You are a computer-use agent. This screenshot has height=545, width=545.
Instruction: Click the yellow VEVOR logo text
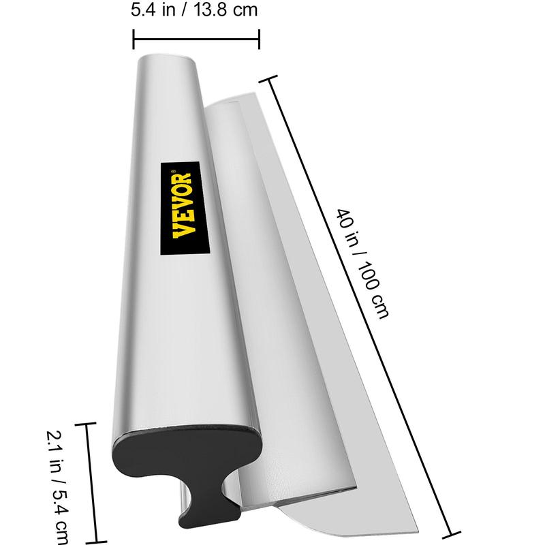click(x=184, y=205)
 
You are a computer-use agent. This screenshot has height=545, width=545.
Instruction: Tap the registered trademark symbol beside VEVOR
click(x=174, y=172)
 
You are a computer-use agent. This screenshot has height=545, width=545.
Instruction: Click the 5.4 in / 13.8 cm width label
click(x=194, y=10)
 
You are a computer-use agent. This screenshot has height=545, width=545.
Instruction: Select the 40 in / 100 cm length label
click(x=362, y=264)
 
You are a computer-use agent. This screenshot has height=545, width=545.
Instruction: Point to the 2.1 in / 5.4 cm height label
click(x=58, y=486)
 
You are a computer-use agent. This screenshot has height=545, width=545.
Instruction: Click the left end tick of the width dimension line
click(x=134, y=39)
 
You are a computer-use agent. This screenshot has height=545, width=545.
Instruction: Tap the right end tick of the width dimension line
click(x=259, y=39)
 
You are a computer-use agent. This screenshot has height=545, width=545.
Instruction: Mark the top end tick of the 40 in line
click(x=268, y=78)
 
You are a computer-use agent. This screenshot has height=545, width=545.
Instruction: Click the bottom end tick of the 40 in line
click(x=451, y=535)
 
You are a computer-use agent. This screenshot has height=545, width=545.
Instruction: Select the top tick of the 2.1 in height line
click(x=86, y=424)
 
